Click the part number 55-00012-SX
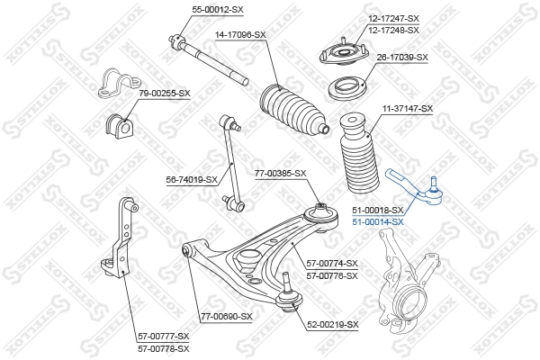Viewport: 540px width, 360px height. (218, 8)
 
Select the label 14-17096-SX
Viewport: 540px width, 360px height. (240, 35)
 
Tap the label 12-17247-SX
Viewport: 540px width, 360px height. (393, 18)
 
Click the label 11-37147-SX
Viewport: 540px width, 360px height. (408, 109)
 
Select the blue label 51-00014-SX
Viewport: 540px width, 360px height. (378, 221)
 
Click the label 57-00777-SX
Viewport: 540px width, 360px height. (164, 336)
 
